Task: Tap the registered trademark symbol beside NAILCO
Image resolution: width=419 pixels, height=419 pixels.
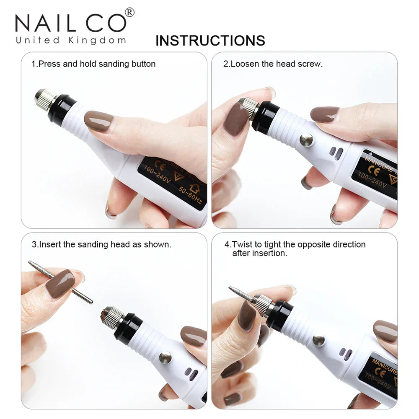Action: pos(130,13)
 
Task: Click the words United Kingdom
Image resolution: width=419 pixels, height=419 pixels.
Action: pos(70,41)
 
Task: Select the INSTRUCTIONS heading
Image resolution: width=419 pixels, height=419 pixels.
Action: pos(210,41)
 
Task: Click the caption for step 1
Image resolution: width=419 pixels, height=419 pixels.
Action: pos(93,64)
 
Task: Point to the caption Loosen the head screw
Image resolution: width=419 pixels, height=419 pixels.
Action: pos(273,64)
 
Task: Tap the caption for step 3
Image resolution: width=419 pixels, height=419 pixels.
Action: pos(101,244)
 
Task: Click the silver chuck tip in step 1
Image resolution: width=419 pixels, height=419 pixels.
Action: pos(45,100)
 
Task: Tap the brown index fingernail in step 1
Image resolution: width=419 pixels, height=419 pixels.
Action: pos(98,121)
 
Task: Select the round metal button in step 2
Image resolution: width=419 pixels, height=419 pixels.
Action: pos(306,140)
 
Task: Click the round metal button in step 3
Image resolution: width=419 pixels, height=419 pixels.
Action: pos(165,357)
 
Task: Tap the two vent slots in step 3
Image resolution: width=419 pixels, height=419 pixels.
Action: pos(192,374)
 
